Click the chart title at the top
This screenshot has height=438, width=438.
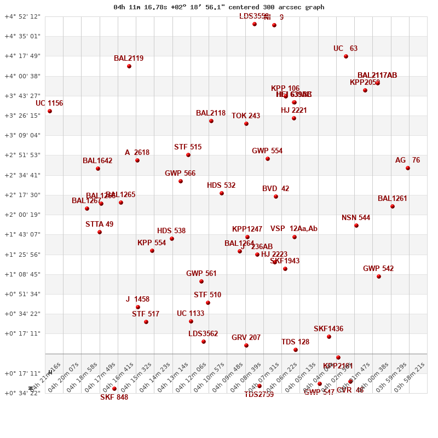[219, 7]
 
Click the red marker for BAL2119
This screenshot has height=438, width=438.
[129, 66]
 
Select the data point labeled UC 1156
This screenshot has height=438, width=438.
[50, 111]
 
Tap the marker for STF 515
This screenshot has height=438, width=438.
[188, 155]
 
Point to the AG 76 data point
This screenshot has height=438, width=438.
[408, 168]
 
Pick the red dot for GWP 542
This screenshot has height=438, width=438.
[379, 276]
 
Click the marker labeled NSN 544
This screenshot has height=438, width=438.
[356, 226]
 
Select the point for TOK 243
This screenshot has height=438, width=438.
[246, 124]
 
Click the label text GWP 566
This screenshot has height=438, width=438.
[180, 174]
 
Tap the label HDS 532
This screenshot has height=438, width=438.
[221, 186]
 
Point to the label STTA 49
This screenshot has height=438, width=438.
[100, 224]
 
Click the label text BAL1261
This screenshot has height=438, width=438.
[393, 199]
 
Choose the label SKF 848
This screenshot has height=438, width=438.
[114, 397]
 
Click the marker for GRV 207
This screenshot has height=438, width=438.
[246, 345]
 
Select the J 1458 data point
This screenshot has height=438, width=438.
[138, 307]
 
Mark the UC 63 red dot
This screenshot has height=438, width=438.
[346, 56]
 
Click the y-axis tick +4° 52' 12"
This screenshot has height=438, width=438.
[22, 16]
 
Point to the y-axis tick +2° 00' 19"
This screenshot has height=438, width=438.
[22, 215]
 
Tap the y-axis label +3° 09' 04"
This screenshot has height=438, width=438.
[22, 135]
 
